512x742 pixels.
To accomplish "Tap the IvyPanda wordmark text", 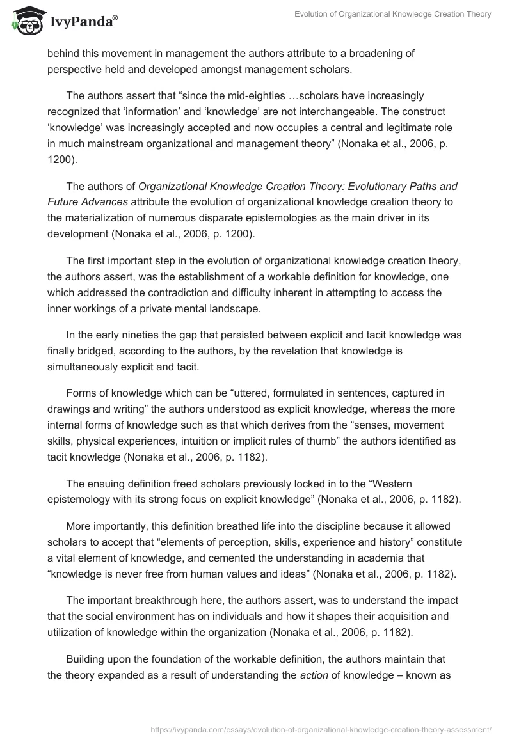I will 83,23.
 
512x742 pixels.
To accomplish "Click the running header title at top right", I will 392,14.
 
